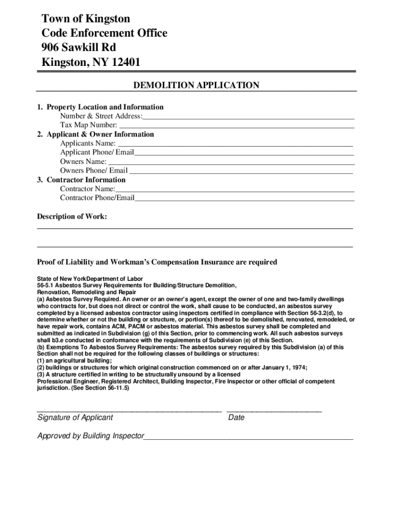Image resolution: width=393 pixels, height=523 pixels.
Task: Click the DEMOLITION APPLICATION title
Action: [x=196, y=85]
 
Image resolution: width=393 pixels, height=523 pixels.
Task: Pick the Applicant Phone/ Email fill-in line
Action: [x=244, y=154]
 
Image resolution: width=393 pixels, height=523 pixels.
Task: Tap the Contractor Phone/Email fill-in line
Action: [x=244, y=199]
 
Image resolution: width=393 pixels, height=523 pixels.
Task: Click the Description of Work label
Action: [x=72, y=217]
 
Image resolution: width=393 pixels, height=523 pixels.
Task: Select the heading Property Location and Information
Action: [x=105, y=107]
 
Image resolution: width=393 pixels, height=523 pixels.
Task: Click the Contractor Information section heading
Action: [x=86, y=180]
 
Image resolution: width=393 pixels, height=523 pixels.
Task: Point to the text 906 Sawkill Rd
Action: [x=79, y=48]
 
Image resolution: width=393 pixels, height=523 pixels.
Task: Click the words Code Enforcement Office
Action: [x=104, y=34]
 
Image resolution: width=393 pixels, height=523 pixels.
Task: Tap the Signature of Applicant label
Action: [x=76, y=418]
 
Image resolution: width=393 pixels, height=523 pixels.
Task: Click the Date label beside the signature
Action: [x=236, y=418]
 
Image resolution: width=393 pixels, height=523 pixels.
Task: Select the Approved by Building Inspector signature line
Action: [x=248, y=438]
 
